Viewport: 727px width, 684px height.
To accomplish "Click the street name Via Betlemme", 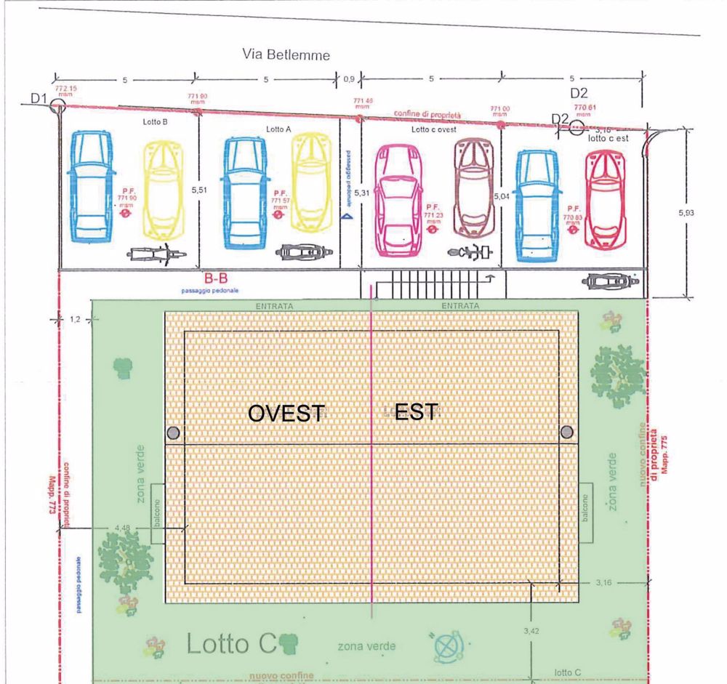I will pyautogui.click(x=286, y=55).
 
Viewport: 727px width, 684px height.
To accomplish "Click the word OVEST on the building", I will pyautogui.click(x=286, y=413).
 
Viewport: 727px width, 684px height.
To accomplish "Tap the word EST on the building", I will pyautogui.click(x=417, y=412).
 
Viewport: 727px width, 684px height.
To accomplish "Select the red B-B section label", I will pyautogui.click(x=217, y=278).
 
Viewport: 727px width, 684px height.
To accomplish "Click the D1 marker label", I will pyautogui.click(x=39, y=98).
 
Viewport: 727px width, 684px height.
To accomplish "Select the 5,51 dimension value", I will pyautogui.click(x=199, y=190).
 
